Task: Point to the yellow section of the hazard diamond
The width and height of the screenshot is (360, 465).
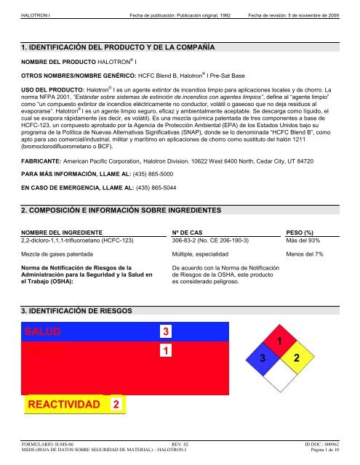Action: point(296,360)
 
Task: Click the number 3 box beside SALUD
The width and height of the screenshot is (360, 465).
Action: point(166,332)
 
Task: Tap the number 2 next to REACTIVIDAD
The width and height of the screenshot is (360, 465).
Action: point(116,403)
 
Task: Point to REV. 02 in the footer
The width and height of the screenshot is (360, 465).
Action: point(180,443)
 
